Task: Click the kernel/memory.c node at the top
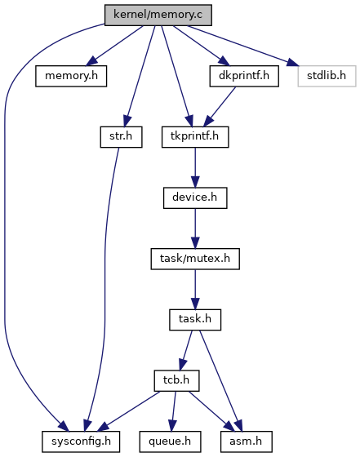point(158,15)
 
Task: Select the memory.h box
point(71,76)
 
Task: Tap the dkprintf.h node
point(244,76)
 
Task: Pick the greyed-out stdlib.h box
point(327,76)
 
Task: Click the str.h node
point(121,137)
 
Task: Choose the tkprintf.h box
point(195,137)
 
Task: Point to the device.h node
point(195,197)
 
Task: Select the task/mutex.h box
point(195,259)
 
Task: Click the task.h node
point(195,320)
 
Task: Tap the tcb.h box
point(176,380)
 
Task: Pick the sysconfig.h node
point(81,441)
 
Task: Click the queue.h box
point(170,441)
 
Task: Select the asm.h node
point(247,441)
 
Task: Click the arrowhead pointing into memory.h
point(91,61)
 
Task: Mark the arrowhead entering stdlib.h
point(292,62)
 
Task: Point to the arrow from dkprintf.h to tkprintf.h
point(220,106)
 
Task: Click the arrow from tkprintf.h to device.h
point(195,167)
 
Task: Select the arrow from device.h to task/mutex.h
point(195,228)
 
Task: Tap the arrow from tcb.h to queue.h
point(173,411)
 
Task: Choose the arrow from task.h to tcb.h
point(186,350)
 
